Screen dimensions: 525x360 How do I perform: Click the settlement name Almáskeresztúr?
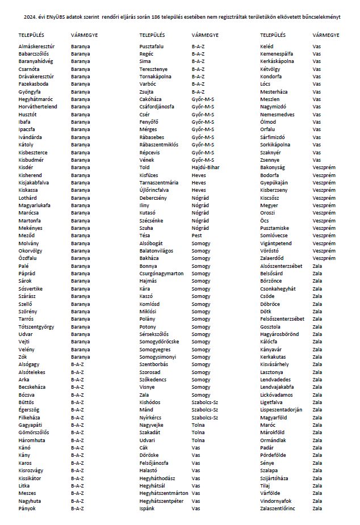pos(36,45)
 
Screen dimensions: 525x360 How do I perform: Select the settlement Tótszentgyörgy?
pos(36,327)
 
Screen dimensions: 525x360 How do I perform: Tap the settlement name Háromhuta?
pos(32,440)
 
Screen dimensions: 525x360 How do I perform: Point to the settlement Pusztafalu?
pos(152,45)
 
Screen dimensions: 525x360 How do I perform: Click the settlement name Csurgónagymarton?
pos(161,274)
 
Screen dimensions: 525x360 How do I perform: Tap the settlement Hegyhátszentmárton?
pos(164,493)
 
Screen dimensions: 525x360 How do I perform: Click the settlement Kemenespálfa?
pos(280,53)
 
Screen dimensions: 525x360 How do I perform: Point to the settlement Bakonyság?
pos(273,167)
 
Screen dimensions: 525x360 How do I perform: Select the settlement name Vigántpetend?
pos(276,243)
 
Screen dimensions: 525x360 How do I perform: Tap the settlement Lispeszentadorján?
pos(281,410)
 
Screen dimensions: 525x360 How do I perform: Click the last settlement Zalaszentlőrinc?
pos(278,509)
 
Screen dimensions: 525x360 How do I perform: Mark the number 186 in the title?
pos(173,17)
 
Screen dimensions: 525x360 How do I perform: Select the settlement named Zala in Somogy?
pos(144,395)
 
